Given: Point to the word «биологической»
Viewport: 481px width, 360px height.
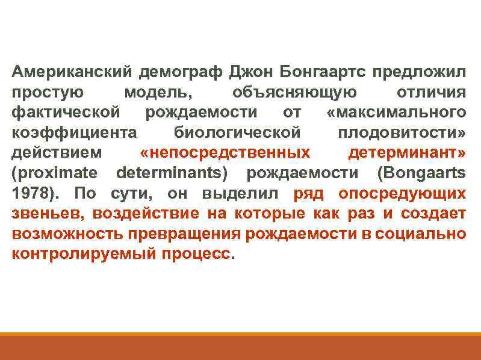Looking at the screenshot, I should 237,133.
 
